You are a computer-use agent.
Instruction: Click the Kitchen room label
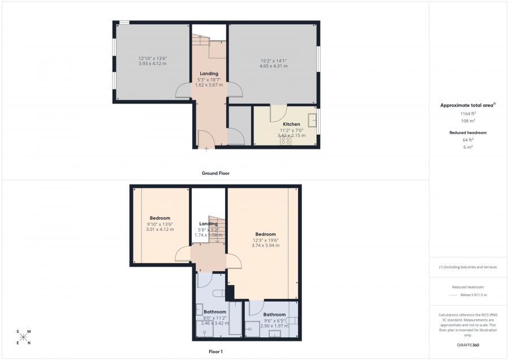[291, 124]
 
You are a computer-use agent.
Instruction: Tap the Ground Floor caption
[215, 173]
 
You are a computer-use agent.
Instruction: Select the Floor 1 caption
[215, 352]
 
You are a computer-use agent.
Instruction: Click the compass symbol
[24, 337]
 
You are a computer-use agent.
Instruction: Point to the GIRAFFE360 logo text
[467, 345]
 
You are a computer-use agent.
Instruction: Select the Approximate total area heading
[467, 105]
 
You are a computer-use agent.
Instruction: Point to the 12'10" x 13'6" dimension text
[153, 58]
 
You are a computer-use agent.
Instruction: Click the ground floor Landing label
[209, 73]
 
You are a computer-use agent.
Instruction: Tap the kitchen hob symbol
[286, 142]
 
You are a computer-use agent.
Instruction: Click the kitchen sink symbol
[312, 120]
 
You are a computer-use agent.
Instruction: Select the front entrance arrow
[206, 149]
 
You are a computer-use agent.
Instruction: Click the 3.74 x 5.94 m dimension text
[265, 246]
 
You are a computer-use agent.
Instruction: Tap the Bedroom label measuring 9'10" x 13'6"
[160, 218]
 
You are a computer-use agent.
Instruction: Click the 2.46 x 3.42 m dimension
[215, 323]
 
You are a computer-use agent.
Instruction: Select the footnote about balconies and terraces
[468, 267]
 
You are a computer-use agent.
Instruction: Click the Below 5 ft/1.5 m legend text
[473, 295]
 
